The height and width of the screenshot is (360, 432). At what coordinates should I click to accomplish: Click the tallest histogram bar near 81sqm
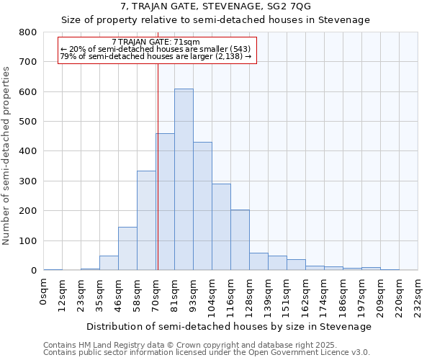pos(184,180)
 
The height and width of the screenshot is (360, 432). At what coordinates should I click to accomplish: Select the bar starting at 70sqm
pos(165,202)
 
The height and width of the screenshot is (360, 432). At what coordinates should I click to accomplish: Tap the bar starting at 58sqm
pos(146,220)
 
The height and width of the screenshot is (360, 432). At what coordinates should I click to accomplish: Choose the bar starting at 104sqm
pos(221,227)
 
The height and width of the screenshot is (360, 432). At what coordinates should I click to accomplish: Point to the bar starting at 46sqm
pos(127,248)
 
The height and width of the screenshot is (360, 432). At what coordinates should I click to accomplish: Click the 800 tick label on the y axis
pos(28,32)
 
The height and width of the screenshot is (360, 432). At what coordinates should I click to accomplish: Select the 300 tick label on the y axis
pos(28,181)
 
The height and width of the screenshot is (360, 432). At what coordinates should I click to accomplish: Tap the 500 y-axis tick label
pos(28,122)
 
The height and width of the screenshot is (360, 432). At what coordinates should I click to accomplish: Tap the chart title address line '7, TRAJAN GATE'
pos(216,6)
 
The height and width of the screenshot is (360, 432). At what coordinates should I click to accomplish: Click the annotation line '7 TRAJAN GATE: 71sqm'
pos(156,42)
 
